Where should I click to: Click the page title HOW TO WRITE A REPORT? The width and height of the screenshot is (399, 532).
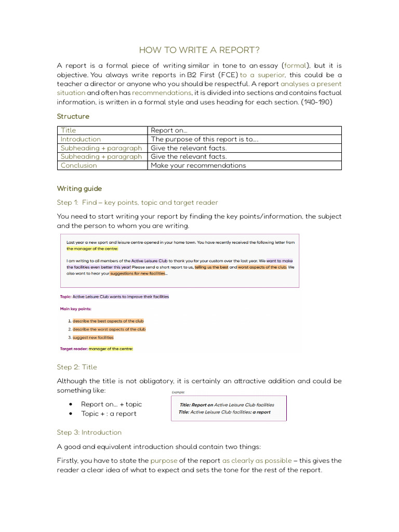pyautogui.click(x=199, y=50)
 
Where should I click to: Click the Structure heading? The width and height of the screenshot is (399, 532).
pyautogui.click(x=73, y=116)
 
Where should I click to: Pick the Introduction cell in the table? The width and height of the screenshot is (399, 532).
pyautogui.click(x=81, y=139)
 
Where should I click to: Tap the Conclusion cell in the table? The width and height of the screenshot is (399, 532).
pyautogui.click(x=78, y=166)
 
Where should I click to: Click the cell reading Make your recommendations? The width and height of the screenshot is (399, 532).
pyautogui.click(x=198, y=166)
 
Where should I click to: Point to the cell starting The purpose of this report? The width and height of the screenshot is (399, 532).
pyautogui.click(x=204, y=139)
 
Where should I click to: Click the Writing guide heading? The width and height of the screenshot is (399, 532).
pyautogui.click(x=79, y=189)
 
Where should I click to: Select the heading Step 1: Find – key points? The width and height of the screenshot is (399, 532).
pyautogui.click(x=137, y=203)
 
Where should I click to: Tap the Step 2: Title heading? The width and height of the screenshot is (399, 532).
pyautogui.click(x=77, y=367)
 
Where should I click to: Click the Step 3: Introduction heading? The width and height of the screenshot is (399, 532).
pyautogui.click(x=89, y=432)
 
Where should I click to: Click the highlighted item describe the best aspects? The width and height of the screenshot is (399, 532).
pyautogui.click(x=108, y=321)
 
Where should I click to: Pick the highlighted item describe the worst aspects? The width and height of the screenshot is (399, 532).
pyautogui.click(x=109, y=329)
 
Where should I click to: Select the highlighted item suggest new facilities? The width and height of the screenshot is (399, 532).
pyautogui.click(x=93, y=338)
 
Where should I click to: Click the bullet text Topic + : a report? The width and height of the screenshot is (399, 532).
pyautogui.click(x=109, y=414)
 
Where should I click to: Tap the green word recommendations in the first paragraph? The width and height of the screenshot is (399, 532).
pyautogui.click(x=162, y=93)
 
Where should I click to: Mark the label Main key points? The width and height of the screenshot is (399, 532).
pyautogui.click(x=76, y=309)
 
